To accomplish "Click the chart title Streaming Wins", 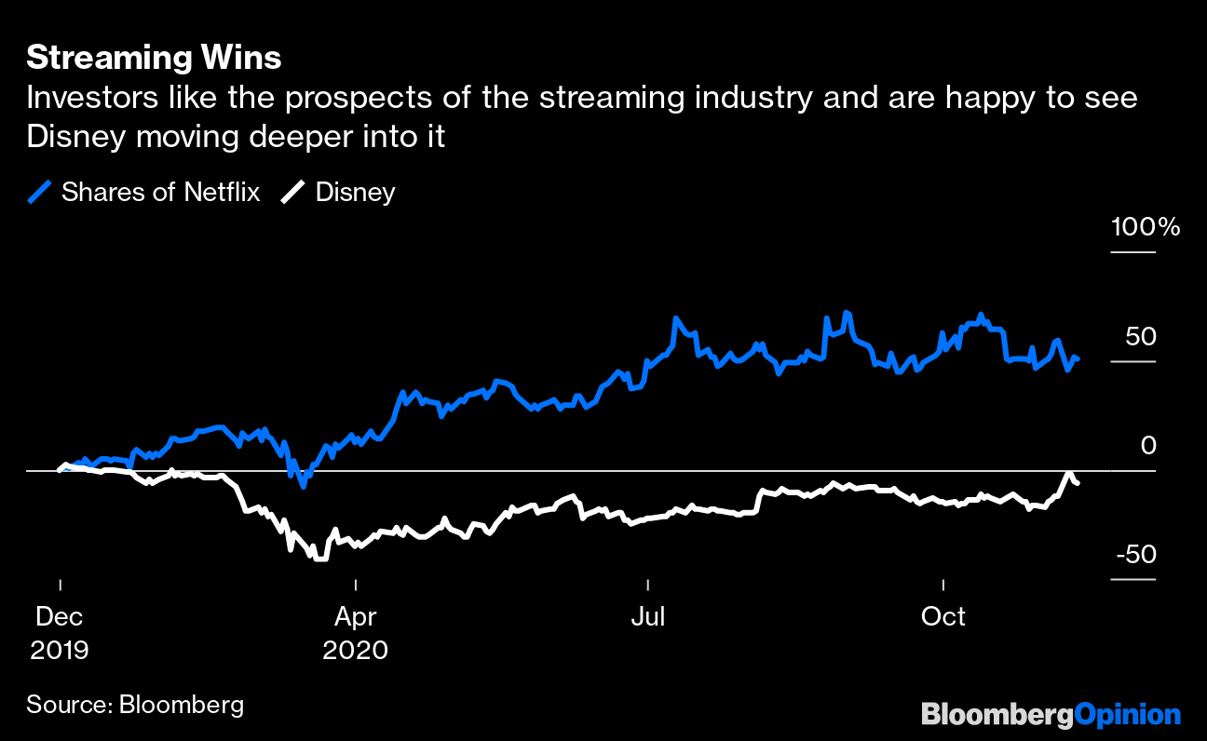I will coord(154,58).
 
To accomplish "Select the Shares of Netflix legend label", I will coord(160,193).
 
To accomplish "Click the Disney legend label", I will coord(355,193).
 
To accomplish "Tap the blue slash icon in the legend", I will coord(40,193).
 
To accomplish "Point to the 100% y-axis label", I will coord(1145,227).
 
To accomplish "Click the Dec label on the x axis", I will coord(60,616).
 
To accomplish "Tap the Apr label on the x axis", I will coord(355,616).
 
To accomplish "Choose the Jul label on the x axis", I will coord(647,616).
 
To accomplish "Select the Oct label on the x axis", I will coord(943,616).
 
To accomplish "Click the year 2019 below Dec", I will coord(60,649).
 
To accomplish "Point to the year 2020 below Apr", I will coord(355,649).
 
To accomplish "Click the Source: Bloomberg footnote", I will coord(135,705).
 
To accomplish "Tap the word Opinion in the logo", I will coord(1128,715).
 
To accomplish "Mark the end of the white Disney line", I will coord(1078,482).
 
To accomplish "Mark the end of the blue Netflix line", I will coord(1078,358).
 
